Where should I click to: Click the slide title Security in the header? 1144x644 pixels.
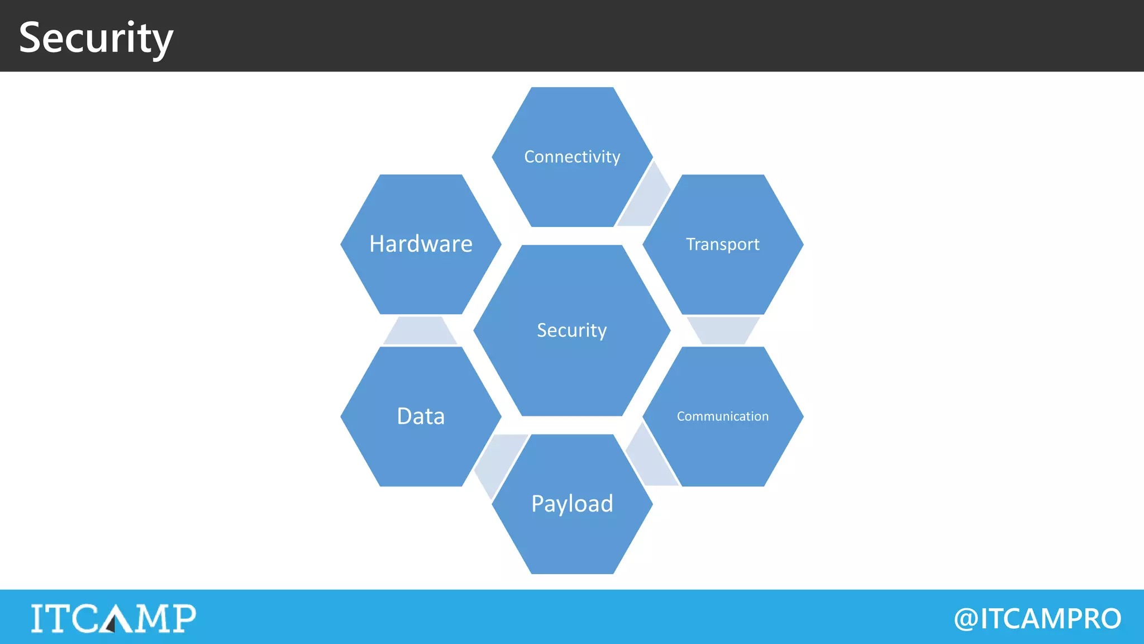point(96,38)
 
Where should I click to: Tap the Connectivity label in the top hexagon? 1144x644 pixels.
point(572,157)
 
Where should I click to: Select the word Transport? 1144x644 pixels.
point(722,244)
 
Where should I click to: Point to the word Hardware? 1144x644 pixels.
point(421,244)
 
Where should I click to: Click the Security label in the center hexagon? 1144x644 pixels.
point(571,330)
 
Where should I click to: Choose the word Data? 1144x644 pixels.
point(421,416)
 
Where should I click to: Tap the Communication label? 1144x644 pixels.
point(722,416)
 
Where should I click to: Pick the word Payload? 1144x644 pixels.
point(572,504)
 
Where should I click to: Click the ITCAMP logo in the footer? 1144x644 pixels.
point(113,618)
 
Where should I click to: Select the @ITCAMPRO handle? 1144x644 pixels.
point(1037,619)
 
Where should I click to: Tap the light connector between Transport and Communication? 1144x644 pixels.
point(722,330)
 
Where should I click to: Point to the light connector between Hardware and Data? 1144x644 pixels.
point(420,331)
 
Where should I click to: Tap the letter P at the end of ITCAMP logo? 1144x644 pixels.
point(183,618)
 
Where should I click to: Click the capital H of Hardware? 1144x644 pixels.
point(378,244)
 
